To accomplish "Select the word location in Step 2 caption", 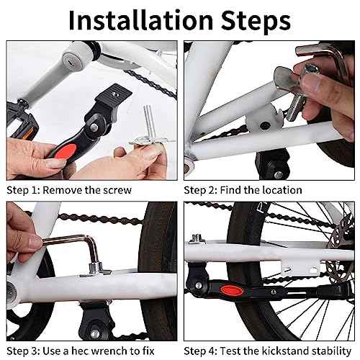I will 278,191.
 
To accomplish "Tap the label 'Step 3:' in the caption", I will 23,351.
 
